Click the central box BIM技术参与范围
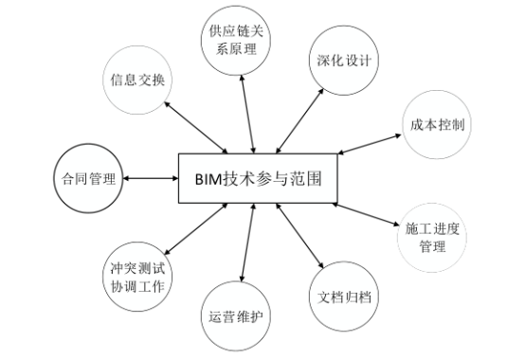[255, 177]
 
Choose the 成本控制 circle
[438, 125]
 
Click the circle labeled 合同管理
[87, 177]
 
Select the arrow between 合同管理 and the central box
[152, 177]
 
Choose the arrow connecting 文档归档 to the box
[302, 238]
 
